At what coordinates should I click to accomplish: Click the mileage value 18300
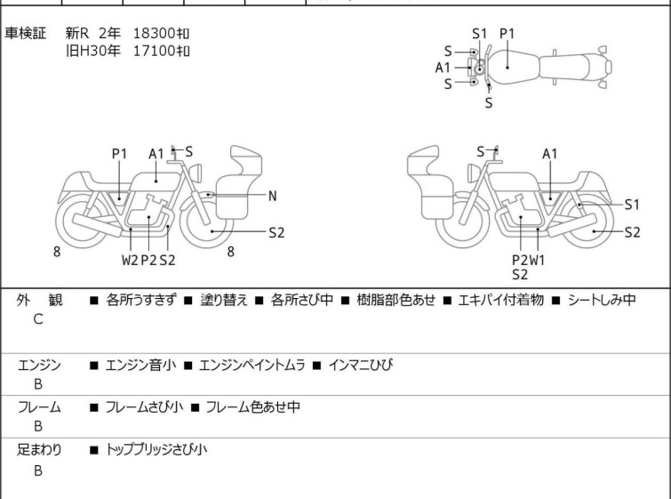(x=154, y=33)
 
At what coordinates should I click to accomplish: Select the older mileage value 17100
(x=154, y=51)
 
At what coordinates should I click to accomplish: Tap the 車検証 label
(x=25, y=33)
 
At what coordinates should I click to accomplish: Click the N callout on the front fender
(x=273, y=197)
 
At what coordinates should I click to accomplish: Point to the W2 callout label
(x=130, y=260)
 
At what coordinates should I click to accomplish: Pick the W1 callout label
(x=537, y=260)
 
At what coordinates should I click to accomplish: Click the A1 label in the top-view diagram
(x=443, y=68)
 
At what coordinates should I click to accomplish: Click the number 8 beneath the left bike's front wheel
(x=231, y=252)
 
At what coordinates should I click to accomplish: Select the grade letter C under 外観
(x=38, y=319)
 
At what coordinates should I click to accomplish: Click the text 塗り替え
(x=224, y=300)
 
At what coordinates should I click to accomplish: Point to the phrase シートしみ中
(x=602, y=300)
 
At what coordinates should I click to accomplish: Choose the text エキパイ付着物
(x=500, y=300)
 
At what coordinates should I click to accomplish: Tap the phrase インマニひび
(x=360, y=365)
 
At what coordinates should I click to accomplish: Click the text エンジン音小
(x=140, y=365)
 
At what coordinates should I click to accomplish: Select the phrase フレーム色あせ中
(x=253, y=406)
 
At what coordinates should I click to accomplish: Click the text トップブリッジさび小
(x=156, y=449)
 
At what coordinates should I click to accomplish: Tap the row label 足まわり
(x=39, y=449)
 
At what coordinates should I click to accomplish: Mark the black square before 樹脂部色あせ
(x=346, y=301)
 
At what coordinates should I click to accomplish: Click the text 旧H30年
(x=92, y=51)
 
